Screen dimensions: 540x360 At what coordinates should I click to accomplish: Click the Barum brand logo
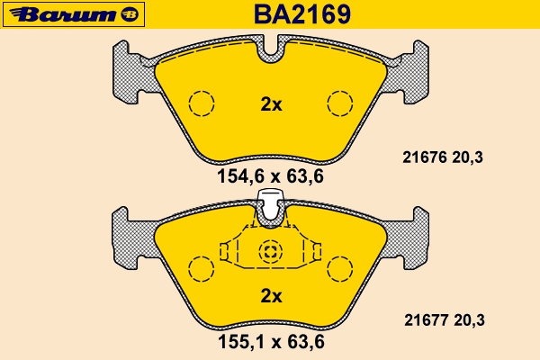tap(74, 14)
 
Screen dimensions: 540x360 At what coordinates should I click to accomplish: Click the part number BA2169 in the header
tap(302, 14)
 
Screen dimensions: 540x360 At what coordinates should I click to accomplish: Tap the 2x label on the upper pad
tap(272, 104)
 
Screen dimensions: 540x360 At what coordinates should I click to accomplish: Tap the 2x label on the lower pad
tap(272, 296)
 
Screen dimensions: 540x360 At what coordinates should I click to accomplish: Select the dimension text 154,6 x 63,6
tap(270, 176)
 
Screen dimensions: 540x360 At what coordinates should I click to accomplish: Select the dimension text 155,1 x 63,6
tap(271, 342)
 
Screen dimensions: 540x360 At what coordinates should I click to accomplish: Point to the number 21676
tap(425, 157)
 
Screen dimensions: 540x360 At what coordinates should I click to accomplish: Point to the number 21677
tap(427, 320)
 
